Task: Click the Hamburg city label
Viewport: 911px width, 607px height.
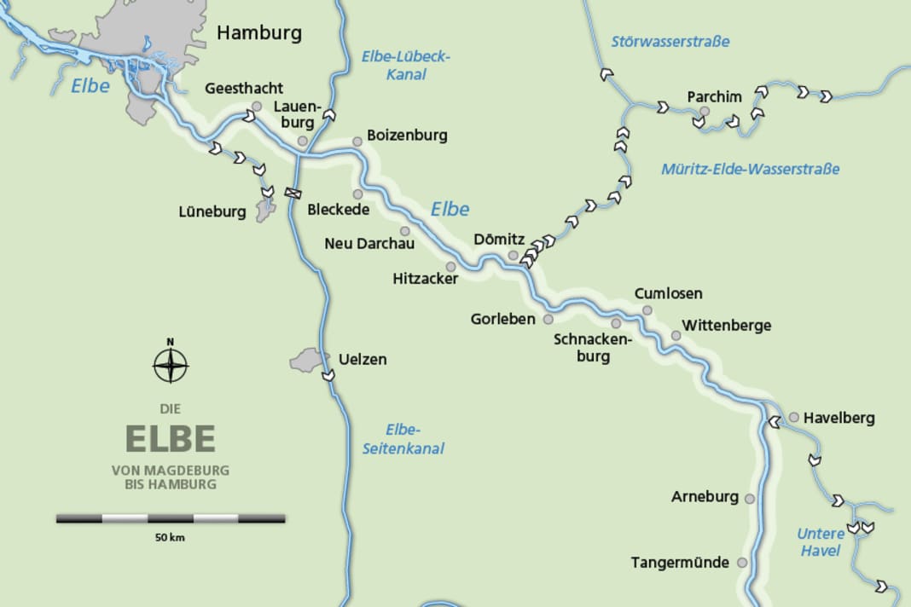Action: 259,33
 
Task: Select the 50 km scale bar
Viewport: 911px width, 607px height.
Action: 171,517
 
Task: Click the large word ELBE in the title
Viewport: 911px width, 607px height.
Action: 171,438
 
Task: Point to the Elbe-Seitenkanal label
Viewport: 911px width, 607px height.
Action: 415,439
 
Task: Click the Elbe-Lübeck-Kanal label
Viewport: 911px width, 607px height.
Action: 405,66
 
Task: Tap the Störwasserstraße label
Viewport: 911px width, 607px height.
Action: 670,41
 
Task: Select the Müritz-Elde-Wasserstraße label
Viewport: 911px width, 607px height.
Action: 751,169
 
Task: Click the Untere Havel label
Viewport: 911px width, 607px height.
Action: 821,542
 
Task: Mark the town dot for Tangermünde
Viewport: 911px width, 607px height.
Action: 742,563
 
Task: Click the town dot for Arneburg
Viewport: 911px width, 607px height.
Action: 750,498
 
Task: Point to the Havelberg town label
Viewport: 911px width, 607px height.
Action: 838,419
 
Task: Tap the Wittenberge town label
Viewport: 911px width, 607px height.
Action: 727,325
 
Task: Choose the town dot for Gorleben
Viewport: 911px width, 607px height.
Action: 548,319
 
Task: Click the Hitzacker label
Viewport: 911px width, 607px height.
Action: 426,279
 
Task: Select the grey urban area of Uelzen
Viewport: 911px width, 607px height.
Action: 308,360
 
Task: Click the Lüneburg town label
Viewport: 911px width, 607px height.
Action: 212,211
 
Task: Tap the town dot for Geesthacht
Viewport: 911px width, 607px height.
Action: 256,107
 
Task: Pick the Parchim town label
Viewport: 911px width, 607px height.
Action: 715,96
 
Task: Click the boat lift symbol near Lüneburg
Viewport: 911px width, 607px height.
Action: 293,193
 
